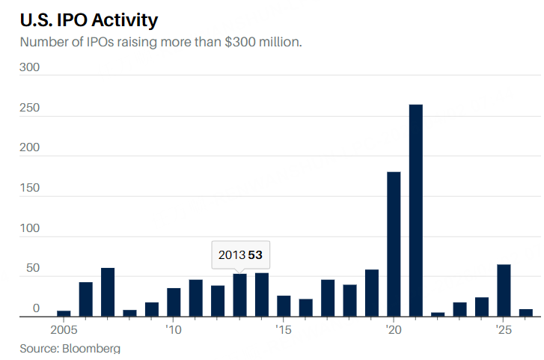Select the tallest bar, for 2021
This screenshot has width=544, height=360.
tap(415, 210)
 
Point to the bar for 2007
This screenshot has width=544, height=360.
tap(108, 292)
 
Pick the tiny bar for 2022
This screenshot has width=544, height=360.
tap(438, 314)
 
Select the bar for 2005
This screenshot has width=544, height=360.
tap(64, 314)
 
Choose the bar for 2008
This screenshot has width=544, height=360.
tap(129, 313)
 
